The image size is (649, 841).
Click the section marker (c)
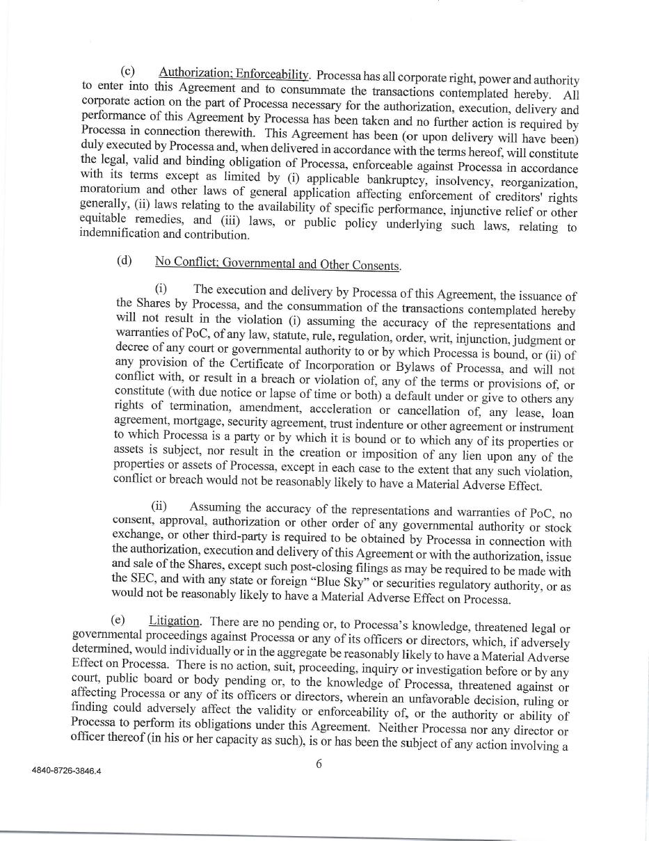pos(127,72)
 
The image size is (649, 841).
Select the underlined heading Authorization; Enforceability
pos(234,74)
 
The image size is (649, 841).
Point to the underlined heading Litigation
pos(175,620)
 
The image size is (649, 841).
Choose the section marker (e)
pos(118,619)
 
